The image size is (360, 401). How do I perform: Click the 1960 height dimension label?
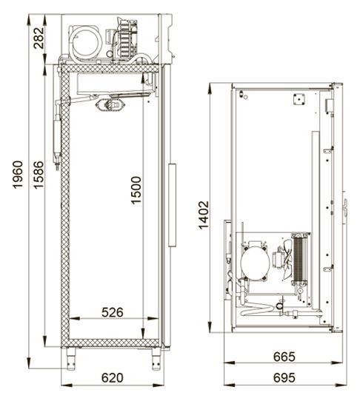[19, 175]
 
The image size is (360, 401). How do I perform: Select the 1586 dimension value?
[39, 175]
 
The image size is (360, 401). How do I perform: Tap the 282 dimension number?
[39, 38]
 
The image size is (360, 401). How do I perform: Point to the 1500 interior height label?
[136, 190]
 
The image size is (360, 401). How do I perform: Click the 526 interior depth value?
[113, 312]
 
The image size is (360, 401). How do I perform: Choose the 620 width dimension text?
[113, 377]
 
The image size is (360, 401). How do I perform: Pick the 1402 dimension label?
[204, 215]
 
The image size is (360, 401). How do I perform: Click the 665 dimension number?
[284, 357]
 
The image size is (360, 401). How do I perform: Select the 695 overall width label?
[284, 377]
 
